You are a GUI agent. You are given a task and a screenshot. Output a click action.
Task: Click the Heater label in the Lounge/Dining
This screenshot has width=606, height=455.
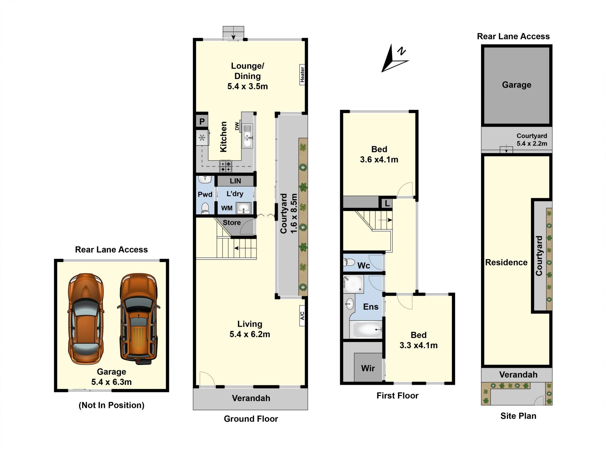point(302,75)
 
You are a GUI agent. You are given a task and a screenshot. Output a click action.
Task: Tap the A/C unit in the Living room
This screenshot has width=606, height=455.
point(302,315)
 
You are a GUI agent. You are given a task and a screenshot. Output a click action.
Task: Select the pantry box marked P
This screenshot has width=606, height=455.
point(202,121)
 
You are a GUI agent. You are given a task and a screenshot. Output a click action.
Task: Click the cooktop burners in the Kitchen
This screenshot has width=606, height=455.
point(226,166)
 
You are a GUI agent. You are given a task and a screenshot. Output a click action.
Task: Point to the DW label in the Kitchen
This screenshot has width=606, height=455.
point(237,126)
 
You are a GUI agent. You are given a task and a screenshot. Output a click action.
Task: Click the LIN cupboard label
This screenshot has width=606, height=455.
point(235,181)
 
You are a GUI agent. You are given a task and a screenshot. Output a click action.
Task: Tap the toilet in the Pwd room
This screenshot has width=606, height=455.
point(205,208)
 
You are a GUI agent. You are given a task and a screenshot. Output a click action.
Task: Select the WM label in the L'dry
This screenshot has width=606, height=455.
point(227,208)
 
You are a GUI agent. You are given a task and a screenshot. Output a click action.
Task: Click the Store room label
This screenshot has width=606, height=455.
point(232,222)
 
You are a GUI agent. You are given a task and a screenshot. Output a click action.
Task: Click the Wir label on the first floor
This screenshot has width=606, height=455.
point(368,368)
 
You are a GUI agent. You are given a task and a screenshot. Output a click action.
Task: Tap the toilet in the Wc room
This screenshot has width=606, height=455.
point(349,262)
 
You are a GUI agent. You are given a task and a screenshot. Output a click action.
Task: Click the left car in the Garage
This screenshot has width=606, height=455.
point(86,318)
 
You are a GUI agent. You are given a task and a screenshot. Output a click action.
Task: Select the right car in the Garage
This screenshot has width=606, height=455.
point(139,317)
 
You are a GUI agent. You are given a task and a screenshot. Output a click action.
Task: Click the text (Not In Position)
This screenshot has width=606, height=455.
point(111,405)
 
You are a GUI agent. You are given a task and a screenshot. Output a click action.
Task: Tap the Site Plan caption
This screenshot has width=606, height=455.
point(518,416)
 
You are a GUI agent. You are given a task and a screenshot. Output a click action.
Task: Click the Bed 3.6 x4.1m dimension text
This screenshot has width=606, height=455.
point(379,160)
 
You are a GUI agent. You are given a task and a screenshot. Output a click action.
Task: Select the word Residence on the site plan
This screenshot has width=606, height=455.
point(506,262)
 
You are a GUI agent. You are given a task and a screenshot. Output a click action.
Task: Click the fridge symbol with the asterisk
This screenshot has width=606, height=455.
point(202,138)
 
